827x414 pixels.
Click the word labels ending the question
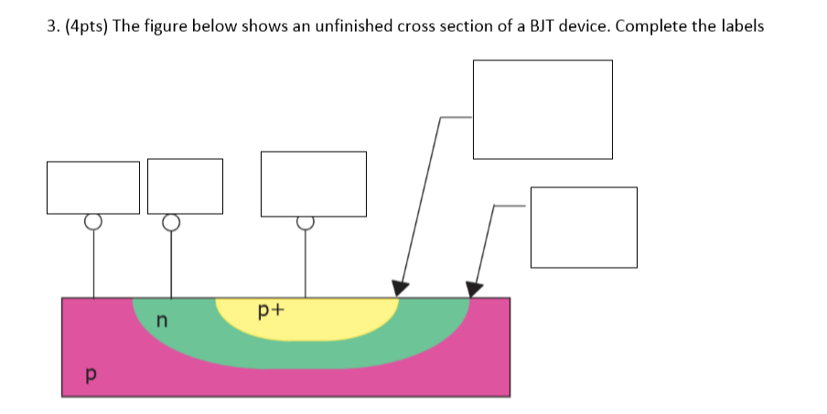coord(741,26)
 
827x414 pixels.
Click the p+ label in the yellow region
coord(272,312)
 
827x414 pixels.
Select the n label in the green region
coord(162,320)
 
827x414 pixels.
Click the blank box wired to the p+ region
coord(314,185)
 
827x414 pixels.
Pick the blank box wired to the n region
coord(185,186)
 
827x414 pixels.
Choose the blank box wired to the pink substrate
coord(93,187)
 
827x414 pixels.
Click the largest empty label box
coord(542,109)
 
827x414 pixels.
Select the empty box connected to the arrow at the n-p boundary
coord(584,228)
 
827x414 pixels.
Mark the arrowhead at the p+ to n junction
coord(399,288)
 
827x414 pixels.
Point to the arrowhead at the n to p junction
coord(473,289)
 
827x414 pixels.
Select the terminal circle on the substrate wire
coord(92,221)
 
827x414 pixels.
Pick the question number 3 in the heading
coord(49,26)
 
